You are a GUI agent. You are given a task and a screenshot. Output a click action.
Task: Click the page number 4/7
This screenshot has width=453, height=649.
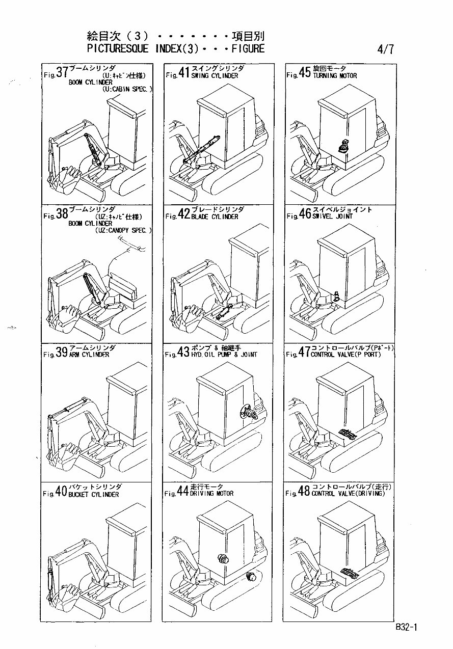pyautogui.click(x=385, y=50)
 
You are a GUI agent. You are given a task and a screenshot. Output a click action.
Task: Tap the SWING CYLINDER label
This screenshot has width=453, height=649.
pyautogui.click(x=215, y=75)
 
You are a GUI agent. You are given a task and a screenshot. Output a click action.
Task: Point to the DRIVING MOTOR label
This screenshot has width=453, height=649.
pyautogui.click(x=212, y=493)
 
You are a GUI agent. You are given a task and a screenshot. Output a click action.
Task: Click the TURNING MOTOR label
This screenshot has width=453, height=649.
pyautogui.click(x=335, y=75)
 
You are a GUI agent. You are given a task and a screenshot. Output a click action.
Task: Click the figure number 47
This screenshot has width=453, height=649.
pyautogui.click(x=304, y=353)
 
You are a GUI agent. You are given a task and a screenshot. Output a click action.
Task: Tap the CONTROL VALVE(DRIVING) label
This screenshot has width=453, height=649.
pyautogui.click(x=349, y=493)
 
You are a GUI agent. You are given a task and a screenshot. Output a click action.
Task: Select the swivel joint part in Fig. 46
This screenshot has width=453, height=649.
pyautogui.click(x=336, y=295)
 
